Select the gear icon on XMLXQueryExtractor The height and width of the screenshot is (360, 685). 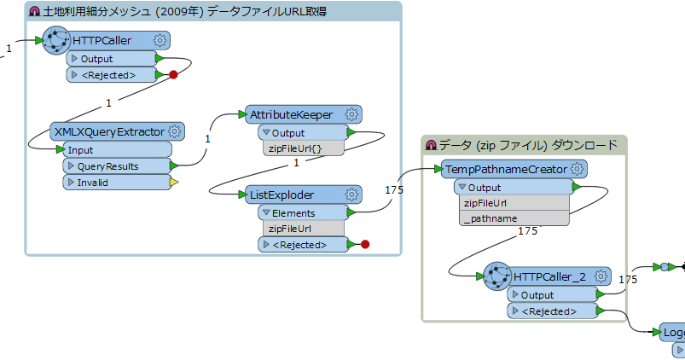tap(175, 131)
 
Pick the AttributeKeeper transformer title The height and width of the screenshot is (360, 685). tap(291, 114)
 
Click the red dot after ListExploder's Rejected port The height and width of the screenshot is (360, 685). tap(365, 245)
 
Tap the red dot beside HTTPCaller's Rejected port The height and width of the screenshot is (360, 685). tap(173, 75)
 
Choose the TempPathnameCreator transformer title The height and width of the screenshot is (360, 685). tap(505, 169)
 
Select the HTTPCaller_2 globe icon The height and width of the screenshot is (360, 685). tap(496, 276)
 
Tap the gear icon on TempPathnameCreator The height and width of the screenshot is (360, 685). tap(577, 169)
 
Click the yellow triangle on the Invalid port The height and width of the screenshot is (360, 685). tap(174, 183)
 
